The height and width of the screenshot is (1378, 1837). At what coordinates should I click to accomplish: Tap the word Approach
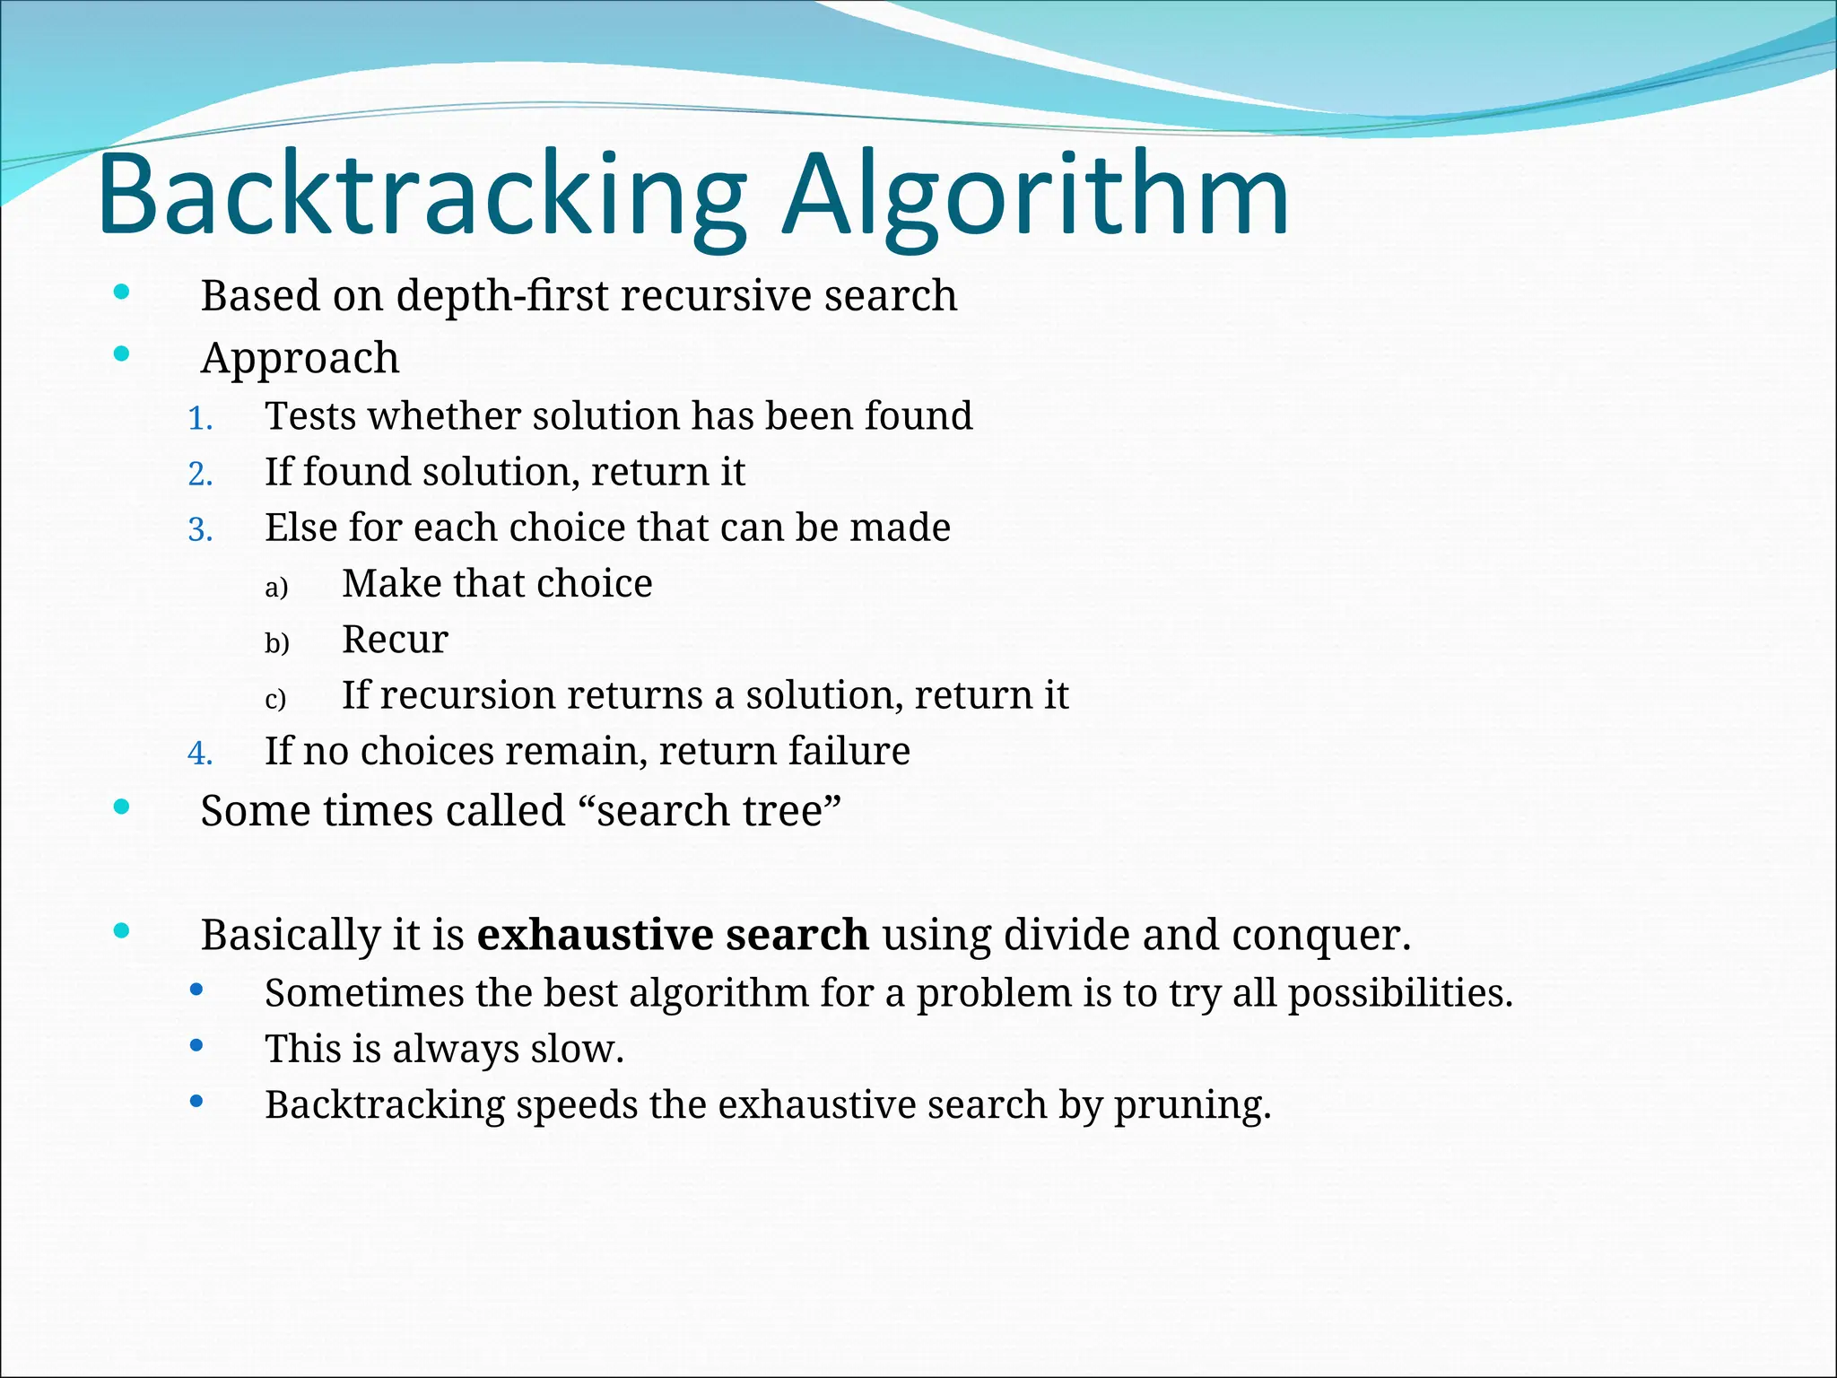click(x=300, y=358)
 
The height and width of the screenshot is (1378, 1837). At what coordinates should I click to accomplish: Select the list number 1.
click(x=200, y=418)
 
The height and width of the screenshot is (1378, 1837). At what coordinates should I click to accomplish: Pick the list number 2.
click(x=200, y=474)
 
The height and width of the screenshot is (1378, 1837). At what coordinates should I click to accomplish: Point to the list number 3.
click(x=200, y=529)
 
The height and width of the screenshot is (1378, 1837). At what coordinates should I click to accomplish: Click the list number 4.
click(x=200, y=753)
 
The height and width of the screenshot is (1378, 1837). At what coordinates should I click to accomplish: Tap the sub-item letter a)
click(x=276, y=587)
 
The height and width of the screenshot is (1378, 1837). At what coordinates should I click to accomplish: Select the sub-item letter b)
click(x=276, y=642)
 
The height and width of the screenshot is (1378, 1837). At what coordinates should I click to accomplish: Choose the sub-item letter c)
click(x=275, y=698)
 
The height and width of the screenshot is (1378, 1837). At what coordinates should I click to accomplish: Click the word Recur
click(x=395, y=640)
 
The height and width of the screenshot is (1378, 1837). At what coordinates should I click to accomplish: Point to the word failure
click(x=846, y=751)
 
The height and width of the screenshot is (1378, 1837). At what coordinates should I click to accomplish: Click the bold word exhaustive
click(x=595, y=935)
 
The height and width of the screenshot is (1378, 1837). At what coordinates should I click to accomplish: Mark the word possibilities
click(x=1399, y=994)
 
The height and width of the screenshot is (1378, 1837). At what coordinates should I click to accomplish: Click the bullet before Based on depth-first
click(x=122, y=292)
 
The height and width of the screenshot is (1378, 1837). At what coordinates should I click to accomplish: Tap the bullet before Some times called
click(x=122, y=807)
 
